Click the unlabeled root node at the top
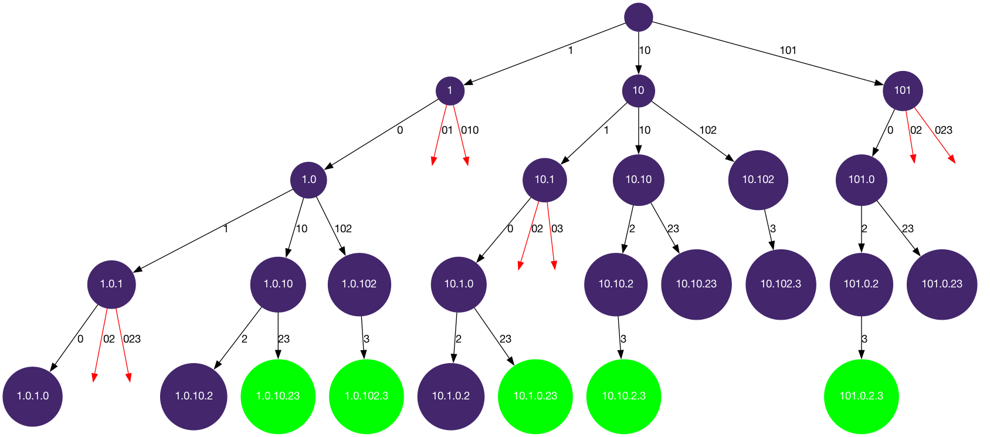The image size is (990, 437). coord(639,17)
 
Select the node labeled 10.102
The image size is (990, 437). coord(758,179)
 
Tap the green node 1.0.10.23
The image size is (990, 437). coord(278,396)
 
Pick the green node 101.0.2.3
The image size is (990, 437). coord(861,396)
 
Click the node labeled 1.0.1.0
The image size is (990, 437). coord(33,396)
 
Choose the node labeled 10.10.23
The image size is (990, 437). coord(696,284)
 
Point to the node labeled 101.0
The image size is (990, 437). coord(861,179)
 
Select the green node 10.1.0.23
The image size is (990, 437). coord(535,396)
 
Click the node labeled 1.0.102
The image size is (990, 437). coord(359,284)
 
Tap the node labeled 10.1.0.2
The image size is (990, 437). coord(450,396)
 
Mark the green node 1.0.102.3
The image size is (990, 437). coord(366,396)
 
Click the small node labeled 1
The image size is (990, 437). coord(450,90)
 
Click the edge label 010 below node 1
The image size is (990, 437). coord(470,130)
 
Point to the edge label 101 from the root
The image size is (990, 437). coord(788,50)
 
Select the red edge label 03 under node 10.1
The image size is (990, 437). coord(557,229)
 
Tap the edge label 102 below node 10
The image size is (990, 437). coord(708,130)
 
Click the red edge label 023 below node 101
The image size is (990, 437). coord(943,130)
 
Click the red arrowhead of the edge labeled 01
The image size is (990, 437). coord(433,161)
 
